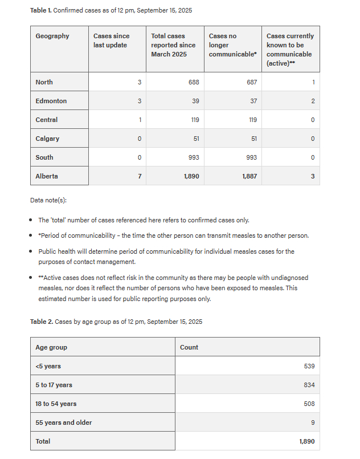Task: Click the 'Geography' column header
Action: click(x=52, y=36)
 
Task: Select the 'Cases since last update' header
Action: click(x=111, y=40)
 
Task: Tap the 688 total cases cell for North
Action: click(x=194, y=82)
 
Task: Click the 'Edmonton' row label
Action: click(x=51, y=101)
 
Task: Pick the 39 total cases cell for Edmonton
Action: click(x=195, y=101)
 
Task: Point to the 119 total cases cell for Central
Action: click(x=195, y=120)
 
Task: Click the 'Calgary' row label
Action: click(x=47, y=139)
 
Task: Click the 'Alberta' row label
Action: click(x=47, y=176)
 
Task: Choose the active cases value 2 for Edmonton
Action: click(x=313, y=101)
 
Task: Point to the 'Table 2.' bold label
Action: click(x=41, y=322)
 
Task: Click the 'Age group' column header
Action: click(x=51, y=347)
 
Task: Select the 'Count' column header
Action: click(x=189, y=347)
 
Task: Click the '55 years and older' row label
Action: click(x=64, y=423)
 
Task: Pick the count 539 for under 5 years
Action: click(x=309, y=366)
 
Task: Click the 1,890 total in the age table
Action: click(x=306, y=441)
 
